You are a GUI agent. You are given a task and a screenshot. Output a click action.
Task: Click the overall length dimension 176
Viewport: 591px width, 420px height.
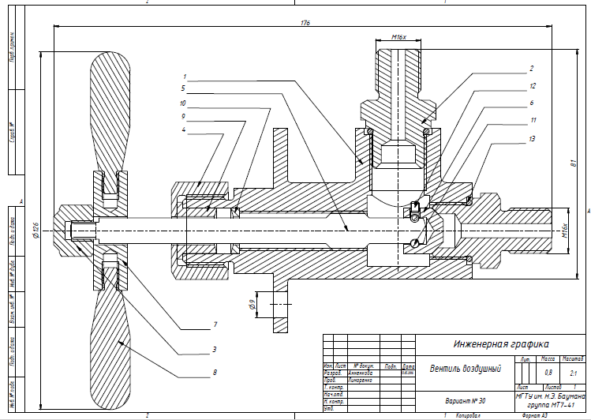pyautogui.click(x=305, y=23)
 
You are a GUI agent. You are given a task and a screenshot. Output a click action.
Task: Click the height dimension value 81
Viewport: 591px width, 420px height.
pyautogui.click(x=571, y=164)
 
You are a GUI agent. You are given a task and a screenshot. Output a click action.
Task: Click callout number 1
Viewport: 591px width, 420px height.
pyautogui.click(x=184, y=77)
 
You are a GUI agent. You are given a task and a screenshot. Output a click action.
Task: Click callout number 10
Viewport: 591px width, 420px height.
pyautogui.click(x=182, y=103)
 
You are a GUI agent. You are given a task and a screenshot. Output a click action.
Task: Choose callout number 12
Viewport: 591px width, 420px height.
pyautogui.click(x=533, y=85)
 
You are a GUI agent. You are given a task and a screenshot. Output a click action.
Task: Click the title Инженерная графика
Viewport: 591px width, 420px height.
pyautogui.click(x=500, y=343)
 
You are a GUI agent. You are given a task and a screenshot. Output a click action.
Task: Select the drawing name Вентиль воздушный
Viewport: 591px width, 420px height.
pyautogui.click(x=465, y=368)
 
